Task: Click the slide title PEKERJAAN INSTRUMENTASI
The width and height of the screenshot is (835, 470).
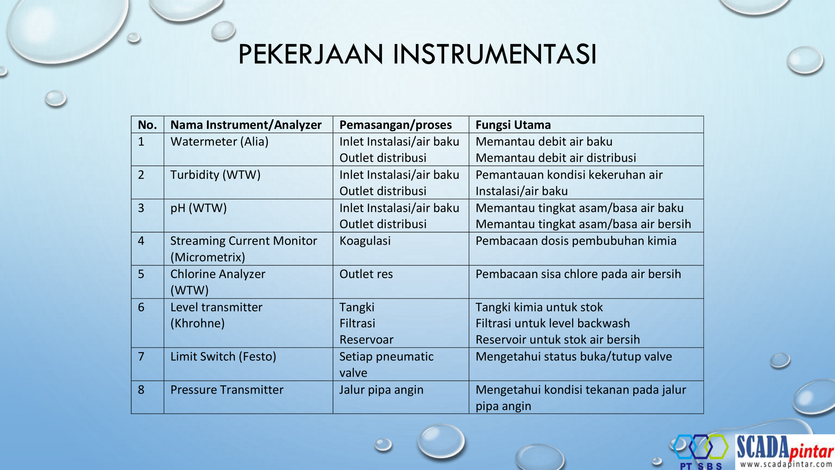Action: pos(417,54)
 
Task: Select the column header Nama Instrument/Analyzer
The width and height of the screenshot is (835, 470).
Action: pos(246,125)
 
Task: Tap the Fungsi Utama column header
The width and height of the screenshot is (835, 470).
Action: pos(513,125)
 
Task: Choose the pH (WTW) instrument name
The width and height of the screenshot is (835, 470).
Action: pos(199,208)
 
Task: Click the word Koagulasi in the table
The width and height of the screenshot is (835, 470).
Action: pos(365,241)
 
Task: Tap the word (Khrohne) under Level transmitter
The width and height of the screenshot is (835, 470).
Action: pos(198,323)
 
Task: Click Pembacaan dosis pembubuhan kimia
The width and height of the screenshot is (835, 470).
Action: pos(576,241)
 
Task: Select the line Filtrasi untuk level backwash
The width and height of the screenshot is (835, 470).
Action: pos(553,323)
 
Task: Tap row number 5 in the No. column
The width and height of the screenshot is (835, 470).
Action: pos(141,274)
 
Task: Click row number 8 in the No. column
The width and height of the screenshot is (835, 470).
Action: pos(141,390)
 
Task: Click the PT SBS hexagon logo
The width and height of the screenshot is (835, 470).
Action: pos(701,451)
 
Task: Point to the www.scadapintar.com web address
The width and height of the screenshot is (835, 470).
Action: pos(786,464)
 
